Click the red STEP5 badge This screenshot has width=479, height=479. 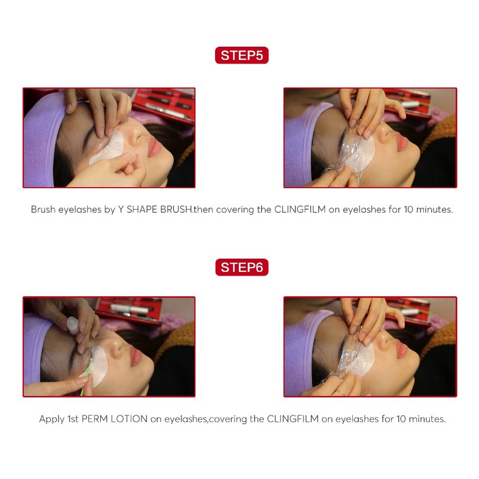(242, 55)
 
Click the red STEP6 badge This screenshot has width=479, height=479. (242, 267)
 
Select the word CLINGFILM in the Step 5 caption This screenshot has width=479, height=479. (300, 209)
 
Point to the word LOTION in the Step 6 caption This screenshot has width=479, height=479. (129, 419)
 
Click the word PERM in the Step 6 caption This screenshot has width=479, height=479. (95, 419)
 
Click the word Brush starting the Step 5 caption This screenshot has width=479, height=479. (43, 209)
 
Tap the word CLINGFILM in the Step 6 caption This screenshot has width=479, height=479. (293, 419)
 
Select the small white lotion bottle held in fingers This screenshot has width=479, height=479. (73, 326)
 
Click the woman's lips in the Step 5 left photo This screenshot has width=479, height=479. (154, 147)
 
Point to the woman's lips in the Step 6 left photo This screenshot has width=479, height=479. (136, 356)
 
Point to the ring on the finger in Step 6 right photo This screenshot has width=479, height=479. (341, 393)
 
